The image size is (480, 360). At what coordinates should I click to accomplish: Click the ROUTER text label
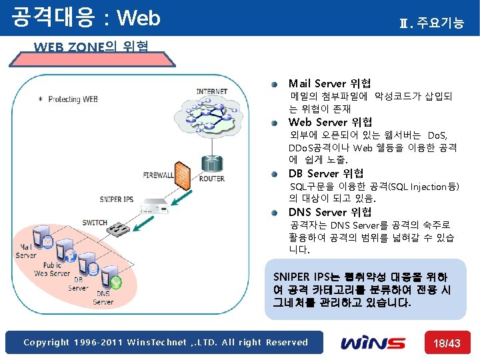pyautogui.click(x=211, y=178)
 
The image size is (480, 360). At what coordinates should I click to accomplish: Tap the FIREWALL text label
pyautogui.click(x=158, y=175)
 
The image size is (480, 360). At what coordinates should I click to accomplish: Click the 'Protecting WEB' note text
pyautogui.click(x=73, y=99)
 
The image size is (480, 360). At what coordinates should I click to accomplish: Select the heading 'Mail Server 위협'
pyautogui.click(x=329, y=83)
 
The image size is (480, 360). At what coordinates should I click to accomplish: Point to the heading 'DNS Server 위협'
pyautogui.click(x=330, y=212)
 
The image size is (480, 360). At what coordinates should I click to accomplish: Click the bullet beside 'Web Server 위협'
pyautogui.click(x=274, y=123)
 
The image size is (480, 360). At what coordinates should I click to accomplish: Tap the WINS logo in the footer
pyautogui.click(x=373, y=343)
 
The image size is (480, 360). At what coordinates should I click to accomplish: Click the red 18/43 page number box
pyautogui.click(x=447, y=343)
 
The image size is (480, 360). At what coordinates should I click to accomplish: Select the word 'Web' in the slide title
pyautogui.click(x=138, y=18)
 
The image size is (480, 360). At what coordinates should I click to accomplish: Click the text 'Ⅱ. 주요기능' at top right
pyautogui.click(x=431, y=24)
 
